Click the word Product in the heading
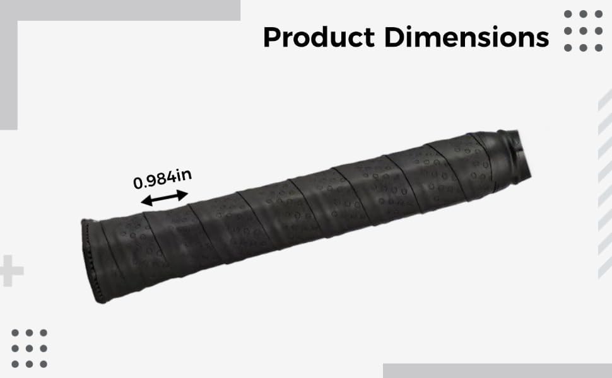(319, 37)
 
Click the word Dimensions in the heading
(467, 37)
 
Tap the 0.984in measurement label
(162, 179)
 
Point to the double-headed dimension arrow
(164, 198)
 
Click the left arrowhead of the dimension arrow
(146, 201)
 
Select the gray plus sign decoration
(10, 271)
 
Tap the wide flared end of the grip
(92, 261)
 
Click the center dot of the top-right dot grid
(583, 31)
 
